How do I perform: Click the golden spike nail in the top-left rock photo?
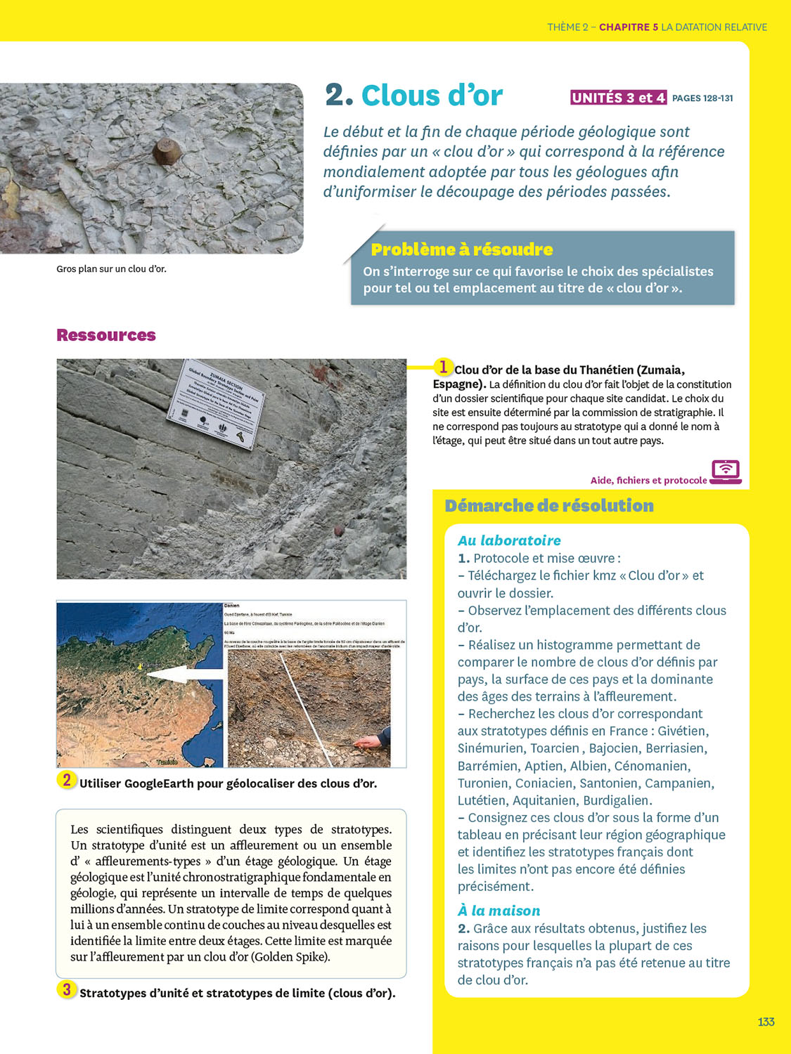click(167, 150)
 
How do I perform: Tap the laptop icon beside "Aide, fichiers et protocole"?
click(726, 471)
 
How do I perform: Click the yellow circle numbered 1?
click(443, 367)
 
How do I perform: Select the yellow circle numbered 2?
click(67, 780)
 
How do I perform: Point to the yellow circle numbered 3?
click(67, 989)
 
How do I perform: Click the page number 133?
click(766, 1022)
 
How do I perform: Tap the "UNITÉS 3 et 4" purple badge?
click(618, 98)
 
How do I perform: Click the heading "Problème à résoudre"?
click(462, 249)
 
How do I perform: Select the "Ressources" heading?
click(106, 335)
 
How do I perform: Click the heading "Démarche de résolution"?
click(549, 505)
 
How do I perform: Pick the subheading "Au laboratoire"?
click(509, 540)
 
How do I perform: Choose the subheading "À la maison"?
click(499, 911)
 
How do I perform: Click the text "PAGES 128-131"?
click(702, 98)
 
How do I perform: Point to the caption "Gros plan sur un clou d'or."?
click(111, 269)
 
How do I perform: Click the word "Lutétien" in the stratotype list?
click(482, 800)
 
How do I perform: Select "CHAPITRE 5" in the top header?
click(629, 27)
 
